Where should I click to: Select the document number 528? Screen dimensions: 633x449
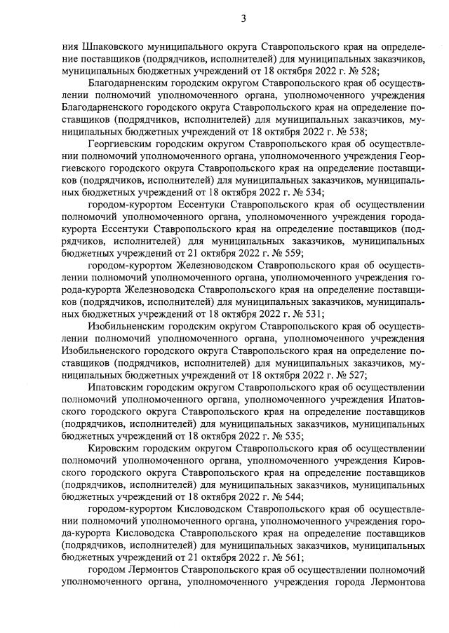[368, 71]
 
